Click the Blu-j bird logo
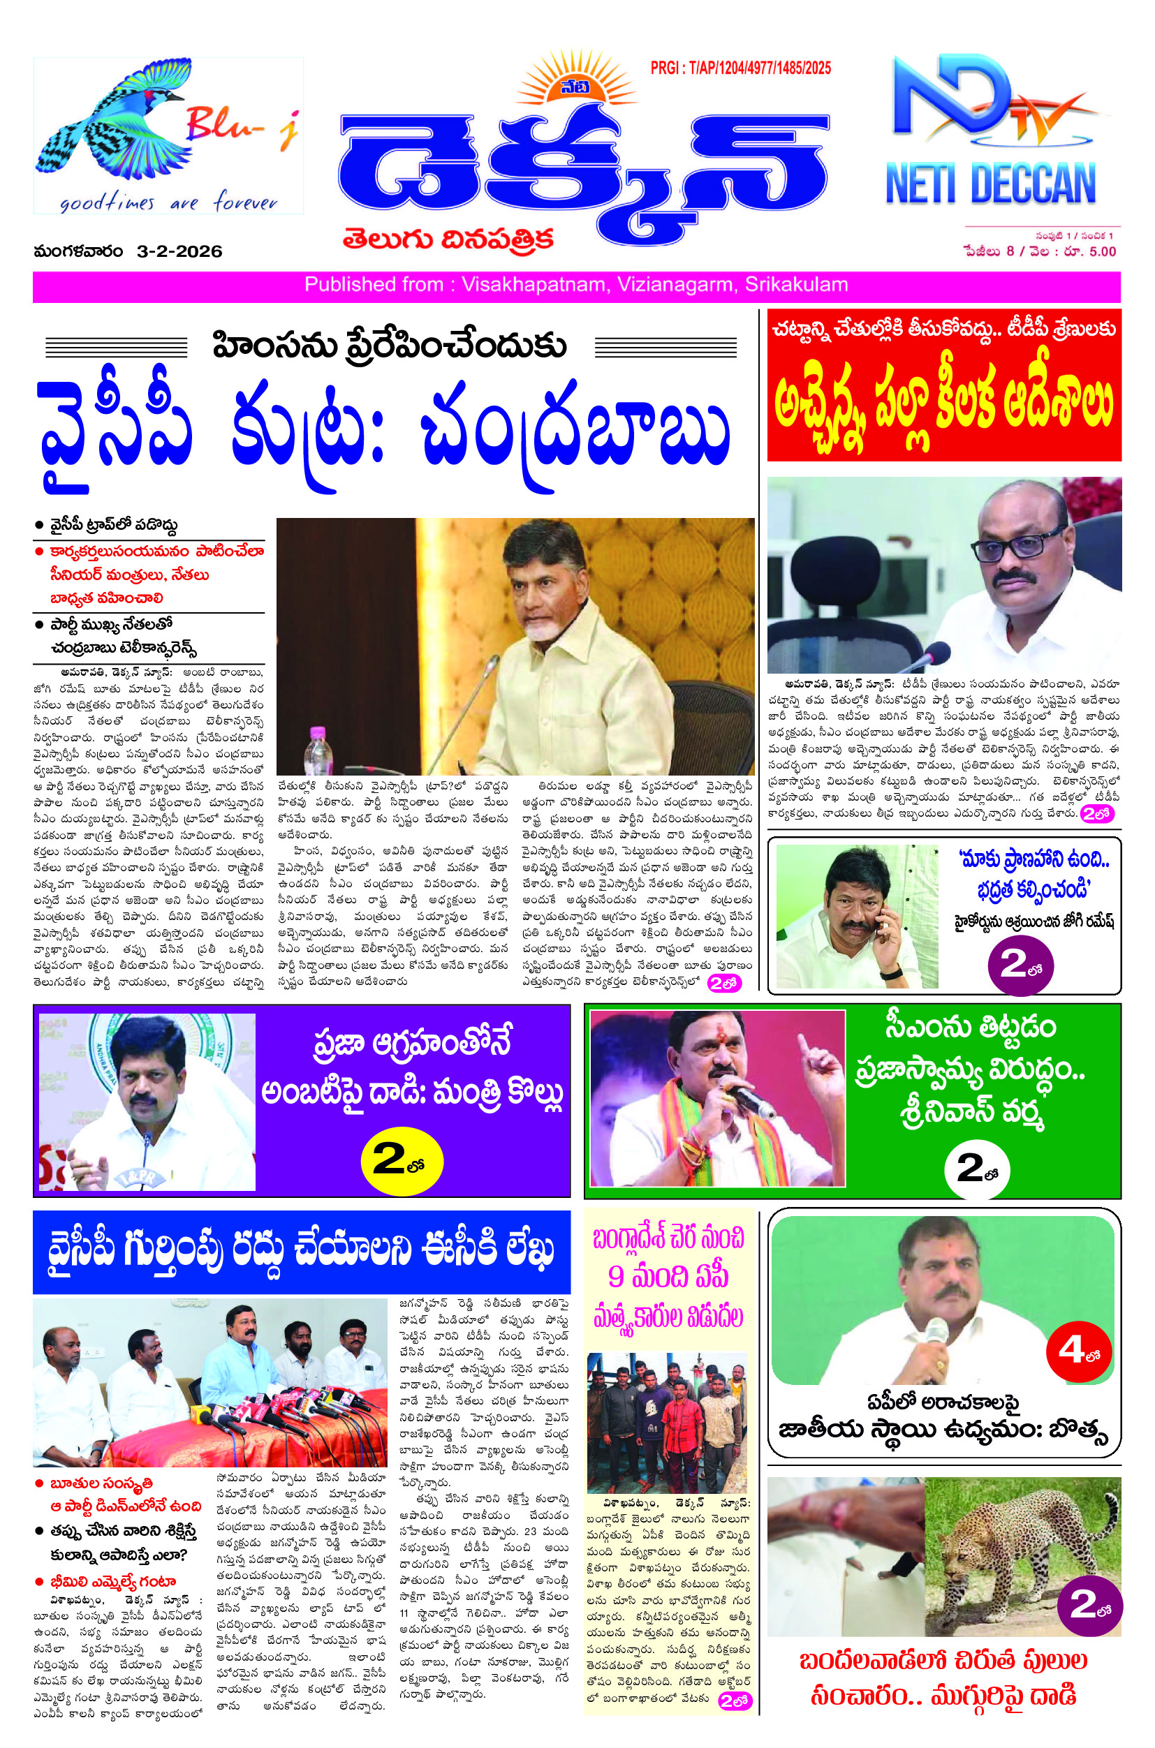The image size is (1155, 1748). pos(118,118)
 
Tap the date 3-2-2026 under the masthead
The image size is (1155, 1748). pos(179,252)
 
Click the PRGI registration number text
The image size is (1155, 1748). pos(740,68)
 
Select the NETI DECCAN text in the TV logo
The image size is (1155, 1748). pos(991,184)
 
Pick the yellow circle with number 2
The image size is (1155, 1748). pos(402,1160)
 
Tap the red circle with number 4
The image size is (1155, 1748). pos(1078,1351)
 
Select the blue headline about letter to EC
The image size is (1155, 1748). pos(301,1251)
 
